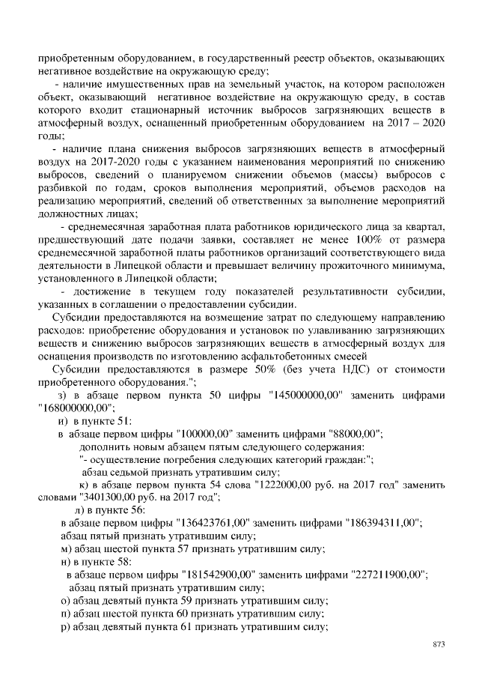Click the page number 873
(x=439, y=644)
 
